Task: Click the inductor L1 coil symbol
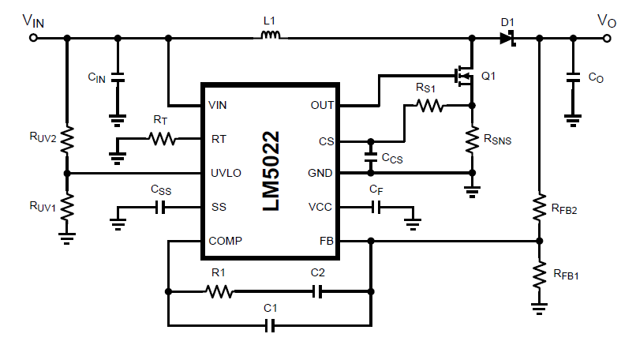271,36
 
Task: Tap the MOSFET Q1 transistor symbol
465,76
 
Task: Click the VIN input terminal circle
32,36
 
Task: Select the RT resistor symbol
162,139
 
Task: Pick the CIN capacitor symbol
118,78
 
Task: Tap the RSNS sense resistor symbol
472,141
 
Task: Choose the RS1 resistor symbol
429,105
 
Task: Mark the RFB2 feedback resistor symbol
539,207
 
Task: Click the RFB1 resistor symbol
539,274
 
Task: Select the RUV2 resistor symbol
67,139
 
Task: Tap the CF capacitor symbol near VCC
376,208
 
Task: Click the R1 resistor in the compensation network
219,291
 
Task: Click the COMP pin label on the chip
226,241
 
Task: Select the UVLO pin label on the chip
225,173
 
